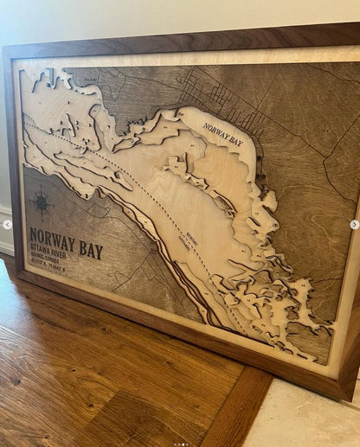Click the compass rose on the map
coord(41,203)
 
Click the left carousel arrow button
coord(8,225)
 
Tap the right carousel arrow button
coord(354,225)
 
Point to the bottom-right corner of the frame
coord(346,395)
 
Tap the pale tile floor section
coord(312,424)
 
